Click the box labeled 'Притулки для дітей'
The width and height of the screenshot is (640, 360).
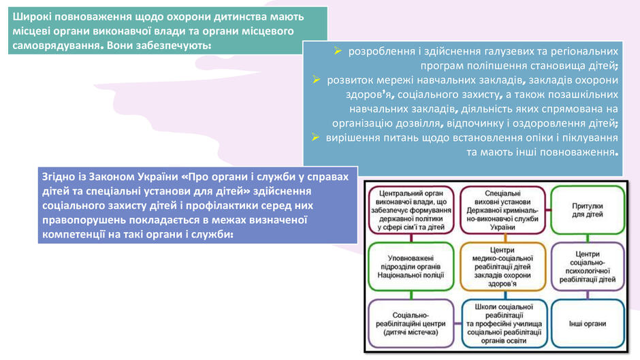[x=588, y=210]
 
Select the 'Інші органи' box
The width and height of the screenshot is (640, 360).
[x=588, y=324]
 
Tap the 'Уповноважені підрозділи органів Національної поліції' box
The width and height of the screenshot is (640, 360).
[x=411, y=267]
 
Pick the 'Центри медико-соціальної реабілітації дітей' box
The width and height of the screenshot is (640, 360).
[x=502, y=267]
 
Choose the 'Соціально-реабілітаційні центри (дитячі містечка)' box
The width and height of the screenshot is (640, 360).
[x=411, y=324]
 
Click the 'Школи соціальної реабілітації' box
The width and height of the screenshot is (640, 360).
[x=504, y=324]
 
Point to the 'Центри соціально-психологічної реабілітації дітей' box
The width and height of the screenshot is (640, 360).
[x=588, y=267]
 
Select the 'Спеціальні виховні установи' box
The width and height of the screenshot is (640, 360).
[x=502, y=210]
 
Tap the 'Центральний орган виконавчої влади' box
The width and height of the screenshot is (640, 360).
[x=411, y=210]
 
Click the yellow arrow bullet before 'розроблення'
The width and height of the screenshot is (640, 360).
[x=338, y=50]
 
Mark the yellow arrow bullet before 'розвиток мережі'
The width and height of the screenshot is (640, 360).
[x=317, y=80]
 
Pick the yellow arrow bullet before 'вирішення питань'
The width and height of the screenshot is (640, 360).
[x=315, y=137]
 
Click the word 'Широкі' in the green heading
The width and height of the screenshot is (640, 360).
[x=31, y=17]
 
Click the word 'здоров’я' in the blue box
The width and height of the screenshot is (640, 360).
[x=370, y=95]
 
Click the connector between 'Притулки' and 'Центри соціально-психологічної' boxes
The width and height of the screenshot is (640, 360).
[x=588, y=238]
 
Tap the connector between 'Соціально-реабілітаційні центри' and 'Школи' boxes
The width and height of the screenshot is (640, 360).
[x=458, y=323]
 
